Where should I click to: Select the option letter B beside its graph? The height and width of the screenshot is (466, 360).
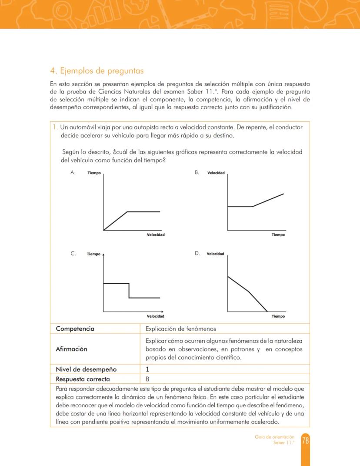tap(197, 173)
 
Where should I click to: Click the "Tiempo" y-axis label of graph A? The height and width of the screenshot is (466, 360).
tap(94, 173)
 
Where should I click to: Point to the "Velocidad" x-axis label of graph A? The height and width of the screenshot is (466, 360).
tap(156, 235)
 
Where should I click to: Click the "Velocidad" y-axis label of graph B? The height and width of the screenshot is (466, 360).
tap(216, 173)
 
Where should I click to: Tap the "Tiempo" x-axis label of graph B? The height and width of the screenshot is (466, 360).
tap(278, 235)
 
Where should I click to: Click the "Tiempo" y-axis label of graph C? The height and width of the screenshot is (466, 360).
tap(93, 254)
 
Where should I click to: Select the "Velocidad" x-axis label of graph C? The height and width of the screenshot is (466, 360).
tap(155, 316)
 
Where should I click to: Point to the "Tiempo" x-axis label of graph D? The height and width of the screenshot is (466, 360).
tap(278, 316)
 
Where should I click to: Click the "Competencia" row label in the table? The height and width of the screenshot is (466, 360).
tap(75, 329)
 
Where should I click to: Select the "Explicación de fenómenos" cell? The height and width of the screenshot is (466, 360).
tap(180, 329)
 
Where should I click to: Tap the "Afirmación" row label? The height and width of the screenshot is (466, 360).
tap(71, 349)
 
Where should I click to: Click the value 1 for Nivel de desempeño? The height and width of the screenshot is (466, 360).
tap(147, 369)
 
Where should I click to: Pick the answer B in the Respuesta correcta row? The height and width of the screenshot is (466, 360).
tap(147, 379)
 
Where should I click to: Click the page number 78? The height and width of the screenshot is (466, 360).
tap(305, 441)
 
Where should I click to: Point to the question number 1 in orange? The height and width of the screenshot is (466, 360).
tap(55, 127)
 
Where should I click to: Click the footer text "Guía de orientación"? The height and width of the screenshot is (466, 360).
tap(274, 437)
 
